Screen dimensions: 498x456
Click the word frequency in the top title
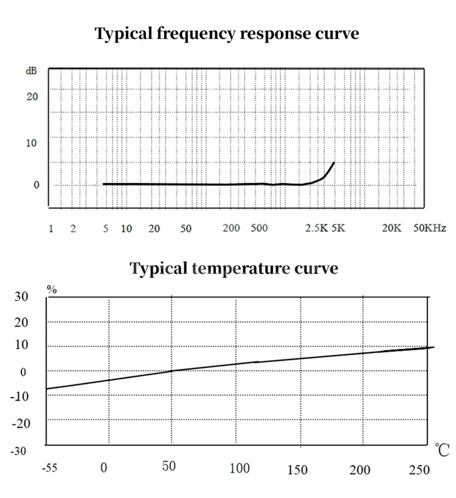click(x=186, y=34)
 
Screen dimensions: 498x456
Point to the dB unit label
click(x=31, y=71)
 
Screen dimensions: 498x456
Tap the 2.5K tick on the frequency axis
click(x=316, y=229)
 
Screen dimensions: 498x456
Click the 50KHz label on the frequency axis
click(x=429, y=229)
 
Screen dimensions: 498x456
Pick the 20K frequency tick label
click(x=392, y=229)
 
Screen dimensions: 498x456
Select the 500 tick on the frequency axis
click(x=259, y=229)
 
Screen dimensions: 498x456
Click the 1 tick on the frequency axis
click(x=51, y=229)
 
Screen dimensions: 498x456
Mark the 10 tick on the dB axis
click(x=32, y=143)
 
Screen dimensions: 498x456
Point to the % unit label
click(x=52, y=289)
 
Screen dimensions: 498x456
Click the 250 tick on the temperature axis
click(x=420, y=469)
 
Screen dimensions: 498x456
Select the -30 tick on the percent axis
click(x=20, y=451)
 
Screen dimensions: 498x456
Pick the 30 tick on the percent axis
click(x=21, y=297)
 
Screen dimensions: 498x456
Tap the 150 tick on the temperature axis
click(x=298, y=470)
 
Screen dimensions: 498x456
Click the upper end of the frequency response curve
click(x=333, y=163)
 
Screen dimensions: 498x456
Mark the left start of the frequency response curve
click(x=104, y=184)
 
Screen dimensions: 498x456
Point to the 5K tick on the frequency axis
click(x=339, y=229)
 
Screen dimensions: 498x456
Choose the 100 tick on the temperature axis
click(x=240, y=469)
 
